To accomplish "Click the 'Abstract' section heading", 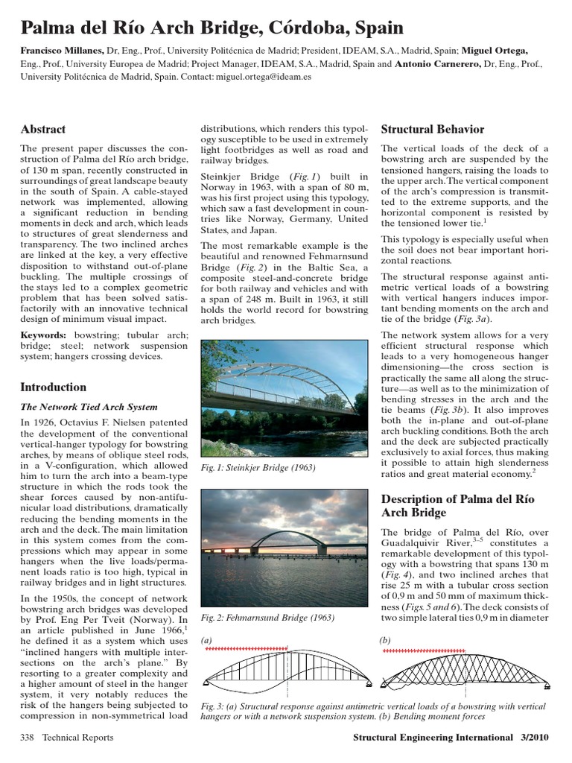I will (43, 129).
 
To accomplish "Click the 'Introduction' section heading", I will (54, 387).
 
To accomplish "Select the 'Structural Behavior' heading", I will (433, 129).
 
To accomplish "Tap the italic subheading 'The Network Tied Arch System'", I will (89, 407).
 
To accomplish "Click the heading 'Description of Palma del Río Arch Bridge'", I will (455, 505).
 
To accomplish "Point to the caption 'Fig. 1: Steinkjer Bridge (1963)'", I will (259, 467).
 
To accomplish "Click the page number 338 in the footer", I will (29, 737).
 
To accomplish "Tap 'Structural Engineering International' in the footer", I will (428, 737).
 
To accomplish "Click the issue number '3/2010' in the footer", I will (531, 737).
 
